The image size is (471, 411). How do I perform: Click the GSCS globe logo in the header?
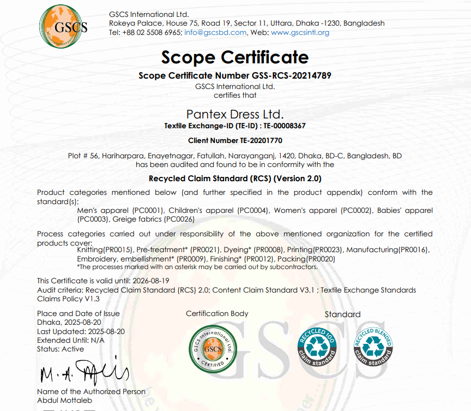pos(63,26)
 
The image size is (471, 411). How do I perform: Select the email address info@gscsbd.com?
pos(215,32)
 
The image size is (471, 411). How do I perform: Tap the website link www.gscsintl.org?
pos(300,32)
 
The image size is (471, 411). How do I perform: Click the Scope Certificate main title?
pos(235,57)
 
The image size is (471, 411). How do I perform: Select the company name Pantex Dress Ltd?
pos(235,114)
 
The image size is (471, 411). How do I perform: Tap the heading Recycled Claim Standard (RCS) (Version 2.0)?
pos(235,178)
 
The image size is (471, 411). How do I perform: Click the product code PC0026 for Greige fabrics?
pos(180,219)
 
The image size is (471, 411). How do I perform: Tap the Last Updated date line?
pos(81,331)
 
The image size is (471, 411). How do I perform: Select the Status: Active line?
pos(61,349)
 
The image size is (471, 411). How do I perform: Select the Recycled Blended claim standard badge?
pos(374,347)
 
